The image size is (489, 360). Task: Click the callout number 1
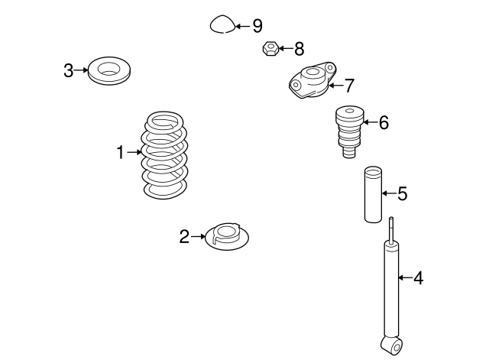120,153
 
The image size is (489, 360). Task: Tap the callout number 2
184,237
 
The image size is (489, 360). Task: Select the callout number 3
69,71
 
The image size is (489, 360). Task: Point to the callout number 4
418,278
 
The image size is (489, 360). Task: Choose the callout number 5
402,194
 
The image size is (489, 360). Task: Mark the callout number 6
383,122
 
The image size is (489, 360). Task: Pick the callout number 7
349,85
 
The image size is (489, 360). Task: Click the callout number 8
299,50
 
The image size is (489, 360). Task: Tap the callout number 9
257,26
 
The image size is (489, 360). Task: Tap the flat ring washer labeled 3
109,71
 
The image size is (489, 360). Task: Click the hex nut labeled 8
269,50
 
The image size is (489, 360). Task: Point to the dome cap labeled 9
222,26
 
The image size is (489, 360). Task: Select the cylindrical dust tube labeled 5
372,194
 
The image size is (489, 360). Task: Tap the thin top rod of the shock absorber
392,229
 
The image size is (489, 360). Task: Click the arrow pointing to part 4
404,278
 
